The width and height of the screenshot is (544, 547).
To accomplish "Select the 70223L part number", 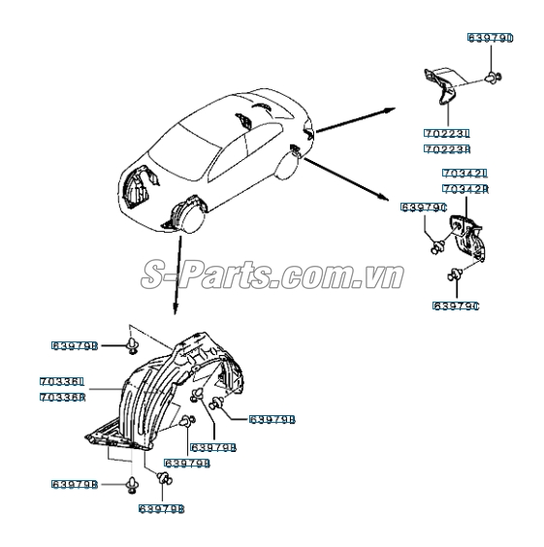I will (x=447, y=133).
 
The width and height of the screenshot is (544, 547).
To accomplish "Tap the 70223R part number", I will (x=447, y=149).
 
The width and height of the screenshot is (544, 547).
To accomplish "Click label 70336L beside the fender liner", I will (x=63, y=381).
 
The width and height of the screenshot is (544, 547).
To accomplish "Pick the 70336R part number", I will (x=63, y=397).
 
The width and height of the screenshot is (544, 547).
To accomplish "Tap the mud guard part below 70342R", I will (x=467, y=234).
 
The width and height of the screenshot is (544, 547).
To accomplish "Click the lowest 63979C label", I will (x=456, y=306).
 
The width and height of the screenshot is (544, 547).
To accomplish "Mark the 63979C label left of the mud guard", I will (x=423, y=207).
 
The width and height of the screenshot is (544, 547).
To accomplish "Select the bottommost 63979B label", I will (x=160, y=507).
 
